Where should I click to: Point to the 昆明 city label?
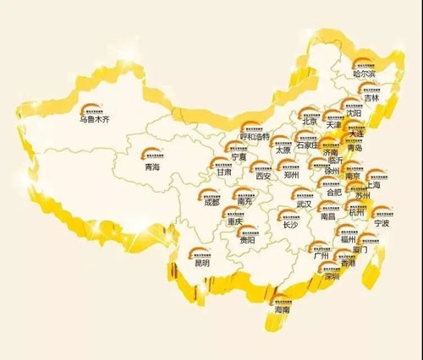200,263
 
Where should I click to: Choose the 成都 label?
211,203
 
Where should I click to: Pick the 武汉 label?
304,204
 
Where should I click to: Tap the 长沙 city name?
291,225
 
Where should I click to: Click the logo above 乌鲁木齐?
91,108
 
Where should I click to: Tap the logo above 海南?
281,297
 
